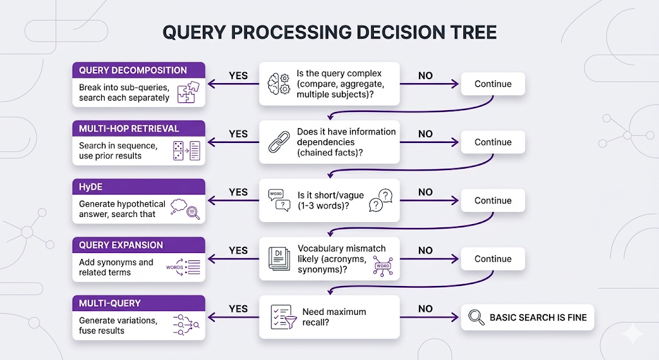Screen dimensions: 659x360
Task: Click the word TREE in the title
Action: [x=473, y=32]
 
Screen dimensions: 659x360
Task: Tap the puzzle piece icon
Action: [x=189, y=92]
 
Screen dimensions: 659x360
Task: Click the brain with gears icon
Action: [x=279, y=84]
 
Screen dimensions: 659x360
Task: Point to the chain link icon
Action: [x=279, y=142]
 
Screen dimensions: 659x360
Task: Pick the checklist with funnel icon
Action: [x=283, y=317]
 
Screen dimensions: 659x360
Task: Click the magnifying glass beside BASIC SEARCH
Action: [x=477, y=317]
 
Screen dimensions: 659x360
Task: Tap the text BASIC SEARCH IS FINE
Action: [x=538, y=317]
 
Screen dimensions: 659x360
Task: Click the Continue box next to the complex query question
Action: [x=493, y=84]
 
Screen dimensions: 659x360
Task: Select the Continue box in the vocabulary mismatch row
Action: [x=493, y=259]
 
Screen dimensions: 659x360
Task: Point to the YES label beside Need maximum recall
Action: [x=238, y=308]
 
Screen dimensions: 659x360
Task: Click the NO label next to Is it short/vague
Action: [x=425, y=192]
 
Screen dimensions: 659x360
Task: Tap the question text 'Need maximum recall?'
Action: [x=334, y=317]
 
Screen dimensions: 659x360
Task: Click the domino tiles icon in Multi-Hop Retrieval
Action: [x=178, y=151]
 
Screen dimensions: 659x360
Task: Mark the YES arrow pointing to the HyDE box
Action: [x=233, y=200]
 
